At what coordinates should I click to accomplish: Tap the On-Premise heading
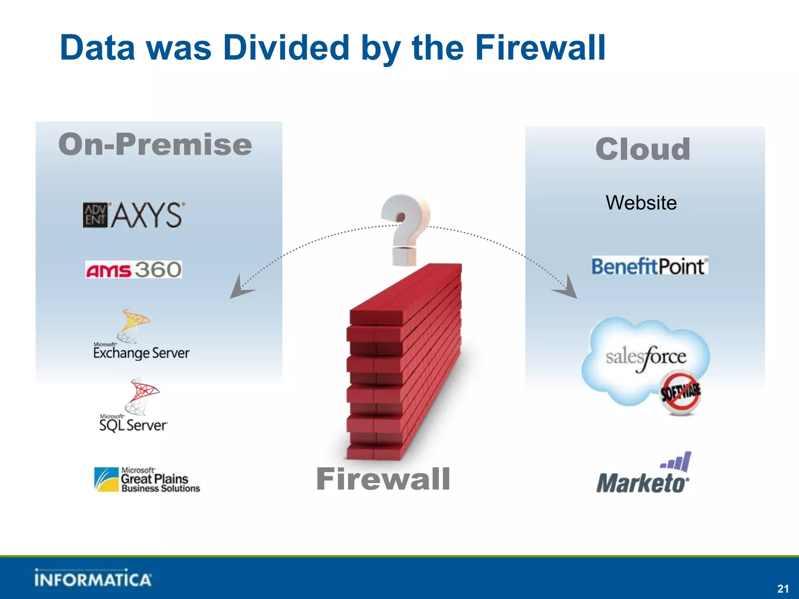coord(155,145)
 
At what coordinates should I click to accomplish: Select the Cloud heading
coord(643,149)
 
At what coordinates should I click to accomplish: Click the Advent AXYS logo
coord(133,214)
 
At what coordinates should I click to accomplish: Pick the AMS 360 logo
coord(133,269)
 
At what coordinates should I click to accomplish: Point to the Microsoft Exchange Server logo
coord(141,335)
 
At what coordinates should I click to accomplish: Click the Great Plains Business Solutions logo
coord(147,480)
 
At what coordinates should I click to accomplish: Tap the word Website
coord(641,203)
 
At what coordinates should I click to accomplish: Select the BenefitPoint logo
coord(650,266)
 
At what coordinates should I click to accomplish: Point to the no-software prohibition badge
coord(680,393)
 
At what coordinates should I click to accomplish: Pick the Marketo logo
coord(644,474)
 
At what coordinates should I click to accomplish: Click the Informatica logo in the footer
coord(93,579)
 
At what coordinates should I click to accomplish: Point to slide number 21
coord(782,588)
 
